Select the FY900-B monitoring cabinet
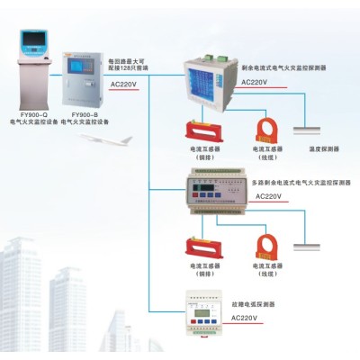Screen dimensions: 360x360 click(x=80, y=80)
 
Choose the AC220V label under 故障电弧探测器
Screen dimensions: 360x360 click(x=248, y=318)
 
